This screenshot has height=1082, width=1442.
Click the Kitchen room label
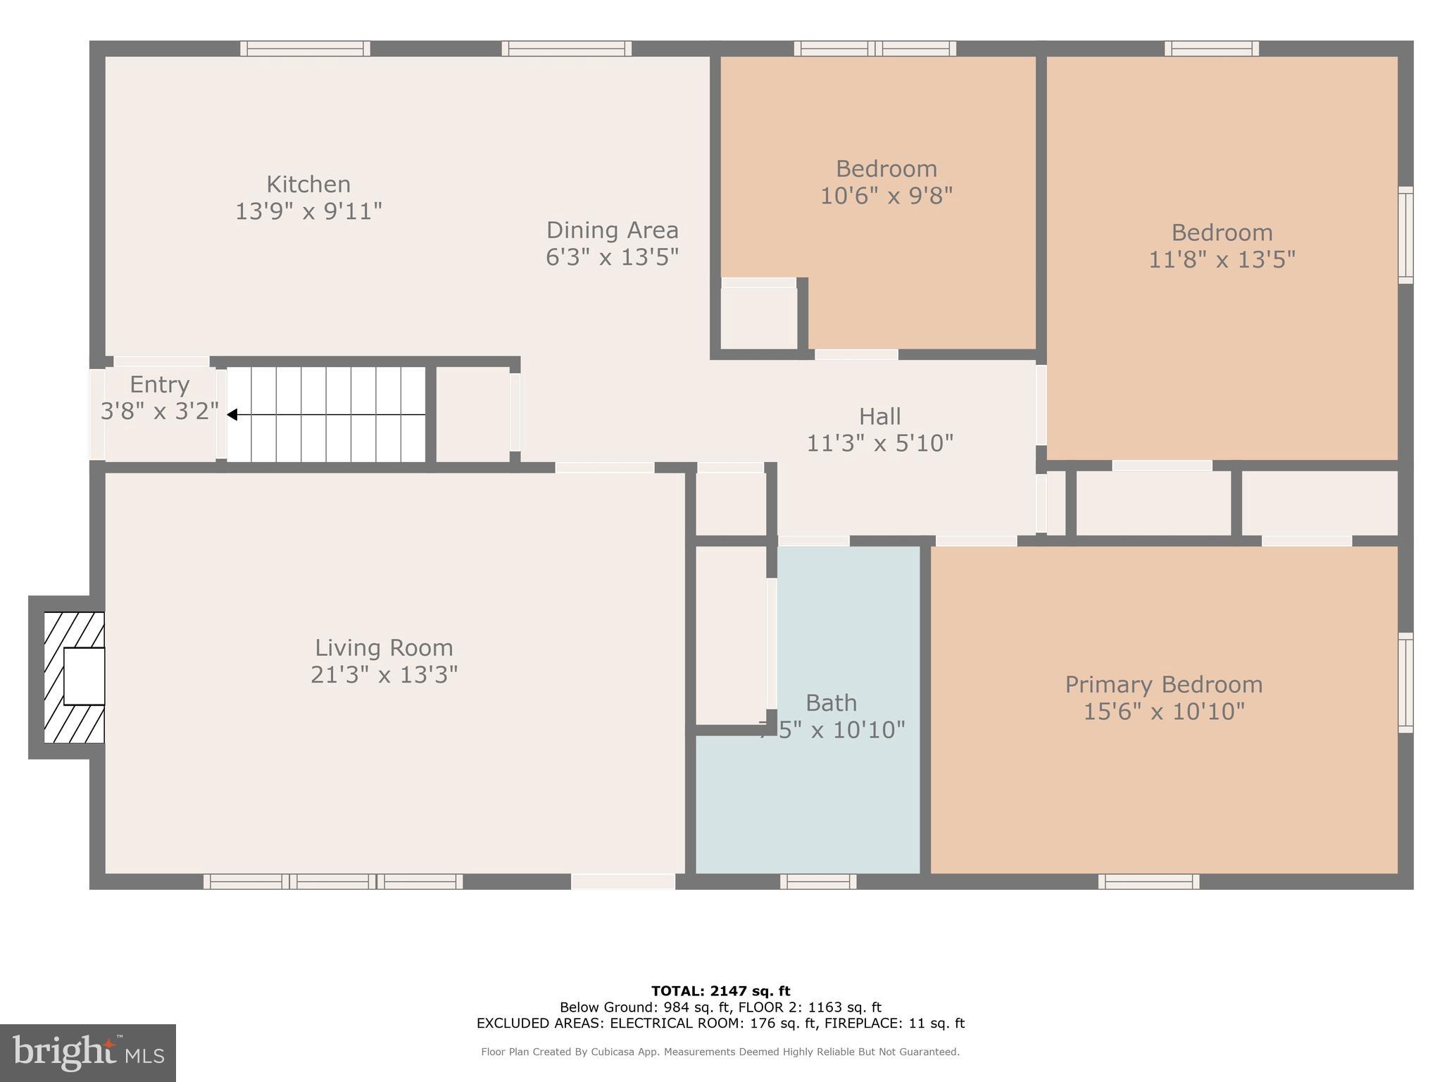click(308, 185)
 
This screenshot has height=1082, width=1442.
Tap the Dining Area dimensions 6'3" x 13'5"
click(612, 257)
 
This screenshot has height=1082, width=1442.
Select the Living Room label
click(384, 648)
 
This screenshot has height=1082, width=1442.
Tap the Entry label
click(160, 385)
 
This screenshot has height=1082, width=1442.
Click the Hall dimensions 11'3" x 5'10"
click(879, 443)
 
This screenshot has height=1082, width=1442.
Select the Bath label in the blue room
click(831, 703)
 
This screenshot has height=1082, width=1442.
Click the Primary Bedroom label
click(1163, 685)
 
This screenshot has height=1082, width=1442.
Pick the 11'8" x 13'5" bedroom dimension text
click(1222, 260)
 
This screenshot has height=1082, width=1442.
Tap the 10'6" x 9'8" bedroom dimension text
click(886, 195)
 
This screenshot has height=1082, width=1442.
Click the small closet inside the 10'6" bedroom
click(759, 317)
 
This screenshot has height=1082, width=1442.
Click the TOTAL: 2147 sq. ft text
click(720, 991)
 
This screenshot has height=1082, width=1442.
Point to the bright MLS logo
click(88, 1052)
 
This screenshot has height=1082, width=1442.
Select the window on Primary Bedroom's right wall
click(1405, 682)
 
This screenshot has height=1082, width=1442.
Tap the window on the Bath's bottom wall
click(817, 881)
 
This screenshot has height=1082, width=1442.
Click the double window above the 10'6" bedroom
click(874, 49)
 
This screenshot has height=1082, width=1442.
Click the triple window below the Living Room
click(333, 881)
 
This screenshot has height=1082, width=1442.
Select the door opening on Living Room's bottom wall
click(622, 881)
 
